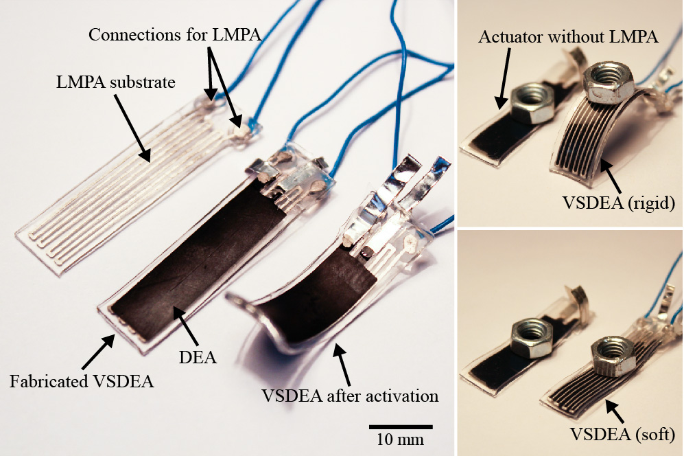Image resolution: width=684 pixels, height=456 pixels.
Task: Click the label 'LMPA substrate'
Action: pos(115,82)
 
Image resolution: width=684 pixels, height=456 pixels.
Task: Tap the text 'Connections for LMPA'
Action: pos(175,35)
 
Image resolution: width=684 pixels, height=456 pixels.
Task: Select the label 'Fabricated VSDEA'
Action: pos(82,381)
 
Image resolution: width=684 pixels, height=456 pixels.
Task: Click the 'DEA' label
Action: pos(198,357)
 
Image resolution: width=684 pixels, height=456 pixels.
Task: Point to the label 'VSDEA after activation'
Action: pos(350,396)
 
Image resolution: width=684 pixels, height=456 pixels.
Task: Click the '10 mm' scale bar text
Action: pos(401,439)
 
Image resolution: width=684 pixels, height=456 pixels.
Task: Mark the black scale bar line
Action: pos(401,426)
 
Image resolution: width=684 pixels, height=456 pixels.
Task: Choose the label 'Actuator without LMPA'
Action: pos(568,36)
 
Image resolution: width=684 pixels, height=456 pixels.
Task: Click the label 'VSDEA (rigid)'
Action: pos(619,203)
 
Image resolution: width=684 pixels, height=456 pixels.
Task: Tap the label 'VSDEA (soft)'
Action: pos(622,434)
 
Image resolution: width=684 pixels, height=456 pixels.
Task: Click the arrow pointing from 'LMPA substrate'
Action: pos(132,127)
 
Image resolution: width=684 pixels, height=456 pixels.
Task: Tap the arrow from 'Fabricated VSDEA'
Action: pos(99,352)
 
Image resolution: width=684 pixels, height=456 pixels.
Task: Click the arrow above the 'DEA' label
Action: pos(187,328)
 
